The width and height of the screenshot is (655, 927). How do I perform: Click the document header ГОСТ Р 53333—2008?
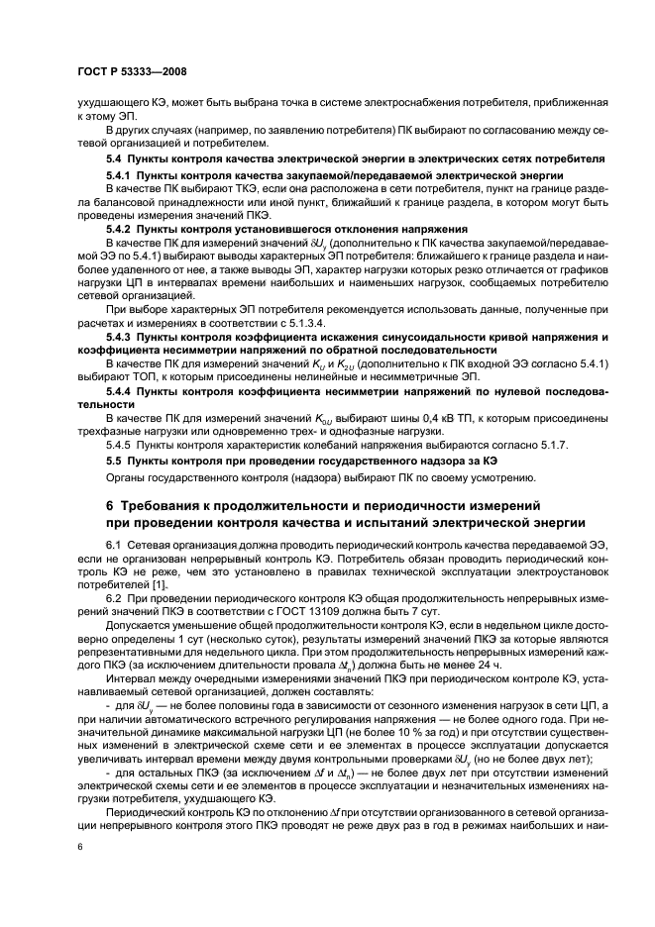132,72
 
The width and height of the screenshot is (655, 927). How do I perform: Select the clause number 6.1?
114,547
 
